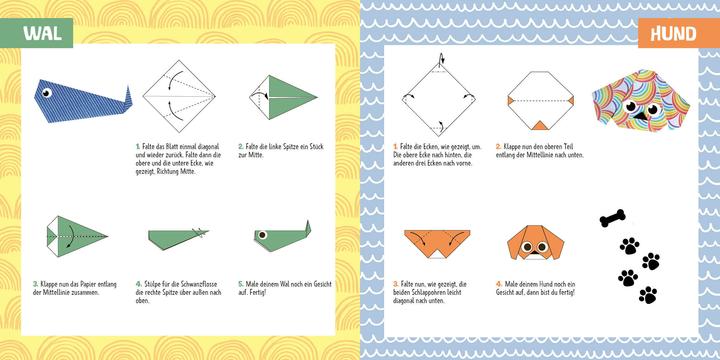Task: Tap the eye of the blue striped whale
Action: (46, 95)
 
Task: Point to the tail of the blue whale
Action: (124, 95)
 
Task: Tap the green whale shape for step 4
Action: (178, 237)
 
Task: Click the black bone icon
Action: (613, 215)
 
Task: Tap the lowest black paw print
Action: (648, 294)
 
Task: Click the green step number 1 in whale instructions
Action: (138, 146)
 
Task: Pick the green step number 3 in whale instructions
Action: (35, 283)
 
